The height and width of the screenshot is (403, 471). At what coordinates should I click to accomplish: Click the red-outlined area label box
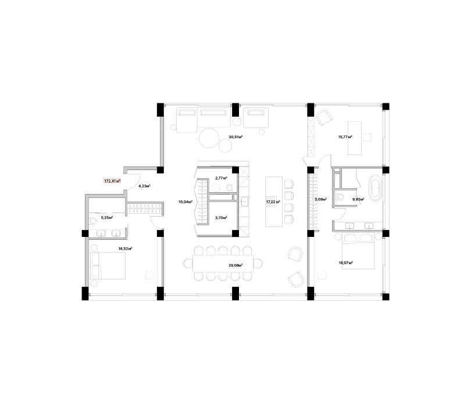112,181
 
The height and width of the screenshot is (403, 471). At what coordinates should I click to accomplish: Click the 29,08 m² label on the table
235,265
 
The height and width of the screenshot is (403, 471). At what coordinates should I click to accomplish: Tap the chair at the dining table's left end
188,264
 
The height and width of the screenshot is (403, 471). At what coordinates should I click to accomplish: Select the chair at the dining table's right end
258,264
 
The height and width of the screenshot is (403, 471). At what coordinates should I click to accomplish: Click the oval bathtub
375,188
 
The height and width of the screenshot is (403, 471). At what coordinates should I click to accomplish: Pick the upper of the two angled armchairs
295,254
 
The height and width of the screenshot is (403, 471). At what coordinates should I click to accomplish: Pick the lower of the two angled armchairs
296,280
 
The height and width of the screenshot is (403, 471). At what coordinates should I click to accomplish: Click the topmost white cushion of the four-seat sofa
289,184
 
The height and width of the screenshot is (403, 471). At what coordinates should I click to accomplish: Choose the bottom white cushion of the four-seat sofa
289,218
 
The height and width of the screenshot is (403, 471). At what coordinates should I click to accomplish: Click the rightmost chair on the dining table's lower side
247,277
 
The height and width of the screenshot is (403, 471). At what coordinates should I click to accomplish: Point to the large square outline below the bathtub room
357,256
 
